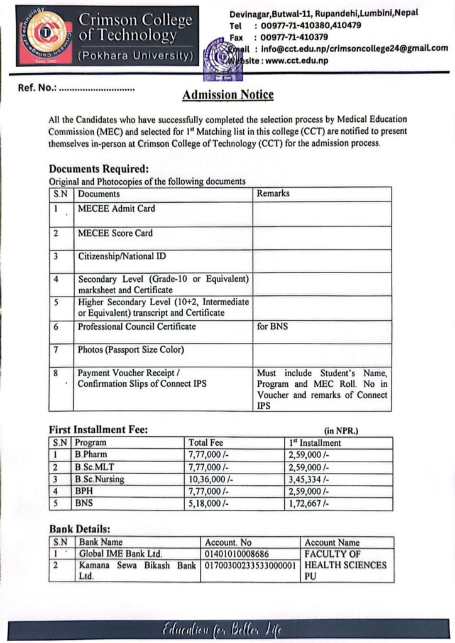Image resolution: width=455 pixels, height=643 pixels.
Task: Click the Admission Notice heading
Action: click(227, 95)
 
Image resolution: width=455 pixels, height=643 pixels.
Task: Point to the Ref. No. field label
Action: click(37, 89)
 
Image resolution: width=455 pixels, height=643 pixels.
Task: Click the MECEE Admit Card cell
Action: click(116, 209)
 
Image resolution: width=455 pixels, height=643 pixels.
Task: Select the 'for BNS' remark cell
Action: click(273, 327)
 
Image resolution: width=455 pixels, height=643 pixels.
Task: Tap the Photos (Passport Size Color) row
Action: click(131, 350)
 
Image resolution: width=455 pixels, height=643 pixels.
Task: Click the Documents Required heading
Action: click(99, 169)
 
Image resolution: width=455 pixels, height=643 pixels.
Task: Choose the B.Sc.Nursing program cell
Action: click(100, 479)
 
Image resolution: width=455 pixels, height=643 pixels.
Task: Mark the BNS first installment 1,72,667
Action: click(308, 503)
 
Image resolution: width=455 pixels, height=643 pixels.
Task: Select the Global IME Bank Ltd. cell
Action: click(121, 553)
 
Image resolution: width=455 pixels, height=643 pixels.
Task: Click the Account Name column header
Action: click(332, 543)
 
